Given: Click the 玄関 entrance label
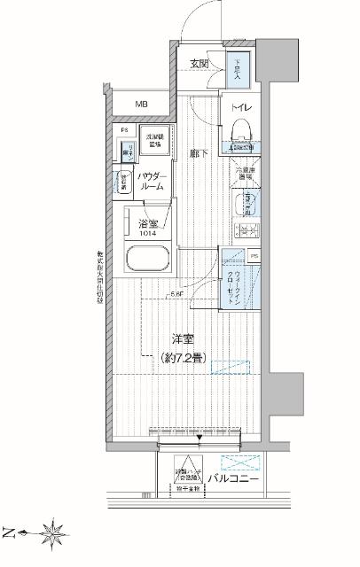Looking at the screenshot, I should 199,64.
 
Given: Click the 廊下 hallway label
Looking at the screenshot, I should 198,152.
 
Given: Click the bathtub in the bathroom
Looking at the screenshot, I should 148,263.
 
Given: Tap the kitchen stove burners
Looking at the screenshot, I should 245,232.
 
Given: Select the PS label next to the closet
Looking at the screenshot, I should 255,257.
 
